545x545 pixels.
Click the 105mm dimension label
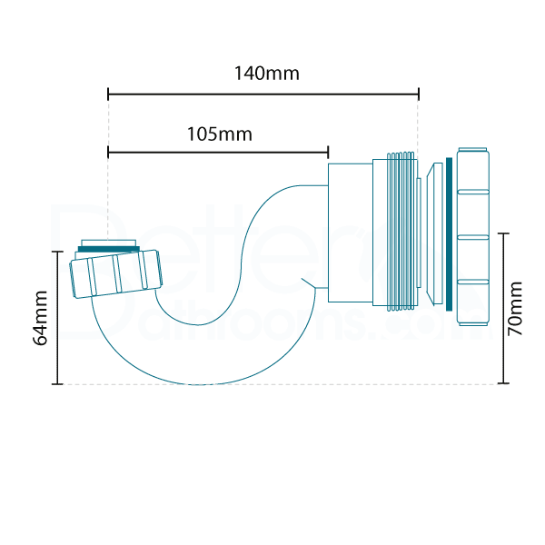[x=219, y=134]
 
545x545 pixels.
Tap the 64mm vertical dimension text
[x=39, y=318]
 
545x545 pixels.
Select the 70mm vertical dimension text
[x=516, y=309]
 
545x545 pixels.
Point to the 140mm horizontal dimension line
[x=263, y=93]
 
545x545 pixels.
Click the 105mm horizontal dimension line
[x=218, y=152]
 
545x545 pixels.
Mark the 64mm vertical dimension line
[x=58, y=318]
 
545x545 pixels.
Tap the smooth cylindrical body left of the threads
[x=349, y=233]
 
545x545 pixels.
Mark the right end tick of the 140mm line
[x=418, y=93]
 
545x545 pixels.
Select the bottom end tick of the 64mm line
[x=58, y=383]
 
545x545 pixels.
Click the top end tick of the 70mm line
[x=506, y=233]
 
